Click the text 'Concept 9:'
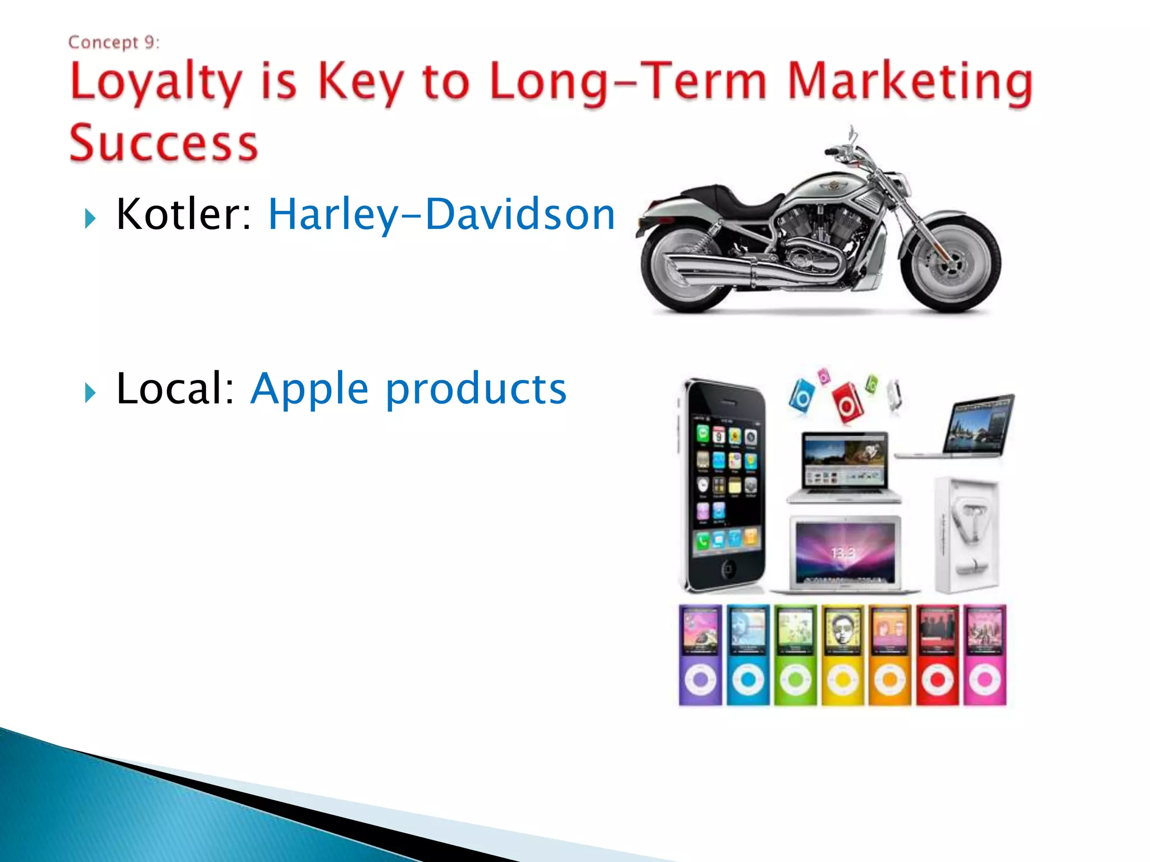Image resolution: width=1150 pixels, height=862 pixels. [x=114, y=43]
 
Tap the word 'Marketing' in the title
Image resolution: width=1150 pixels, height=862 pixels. [x=909, y=83]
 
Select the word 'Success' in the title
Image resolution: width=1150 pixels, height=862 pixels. [x=163, y=144]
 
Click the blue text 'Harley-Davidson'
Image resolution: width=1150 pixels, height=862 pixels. [x=442, y=214]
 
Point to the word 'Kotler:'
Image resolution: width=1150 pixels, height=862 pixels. [x=184, y=214]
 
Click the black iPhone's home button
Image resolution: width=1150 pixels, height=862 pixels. [x=727, y=569]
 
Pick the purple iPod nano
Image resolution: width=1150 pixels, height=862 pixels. [x=700, y=654]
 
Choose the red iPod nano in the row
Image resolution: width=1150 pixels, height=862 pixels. [x=937, y=654]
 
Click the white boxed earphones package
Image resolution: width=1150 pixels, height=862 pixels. [x=967, y=535]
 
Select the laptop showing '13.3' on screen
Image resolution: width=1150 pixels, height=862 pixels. [x=845, y=553]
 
